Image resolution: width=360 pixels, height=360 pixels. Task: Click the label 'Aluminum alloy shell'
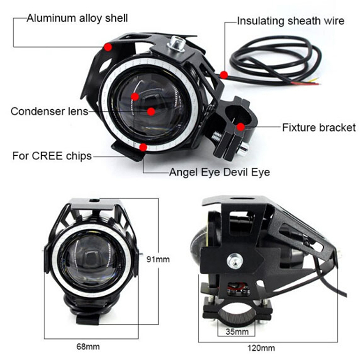(77, 18)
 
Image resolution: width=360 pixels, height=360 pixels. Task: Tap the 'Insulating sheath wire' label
(291, 21)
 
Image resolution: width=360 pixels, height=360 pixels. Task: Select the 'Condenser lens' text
(49, 111)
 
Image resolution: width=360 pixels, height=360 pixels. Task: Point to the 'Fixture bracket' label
(319, 127)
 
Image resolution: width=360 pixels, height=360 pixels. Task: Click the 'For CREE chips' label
(52, 156)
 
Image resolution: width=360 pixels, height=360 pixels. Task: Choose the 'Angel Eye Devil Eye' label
(220, 172)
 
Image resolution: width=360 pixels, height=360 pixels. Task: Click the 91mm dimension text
(158, 259)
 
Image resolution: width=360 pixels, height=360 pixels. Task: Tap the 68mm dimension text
(88, 346)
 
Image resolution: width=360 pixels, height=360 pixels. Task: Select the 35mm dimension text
(237, 332)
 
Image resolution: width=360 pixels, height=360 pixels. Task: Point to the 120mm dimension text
(261, 348)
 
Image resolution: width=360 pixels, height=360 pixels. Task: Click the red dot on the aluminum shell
(108, 47)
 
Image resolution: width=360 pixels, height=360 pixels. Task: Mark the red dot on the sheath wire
(224, 75)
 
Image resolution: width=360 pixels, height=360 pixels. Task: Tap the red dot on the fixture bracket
(241, 127)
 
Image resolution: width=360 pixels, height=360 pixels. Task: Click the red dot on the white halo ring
(143, 147)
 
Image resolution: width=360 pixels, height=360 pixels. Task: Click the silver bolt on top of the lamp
(176, 43)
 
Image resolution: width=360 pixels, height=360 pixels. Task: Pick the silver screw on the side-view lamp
(235, 261)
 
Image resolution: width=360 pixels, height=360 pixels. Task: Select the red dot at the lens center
(151, 112)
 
